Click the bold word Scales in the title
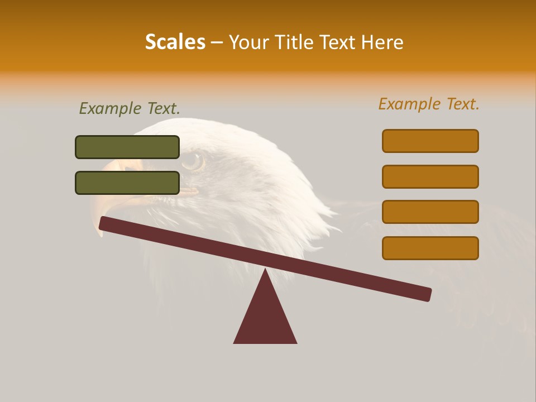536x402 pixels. coord(175,42)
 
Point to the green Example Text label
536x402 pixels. coord(130,108)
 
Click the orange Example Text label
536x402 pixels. coord(429,104)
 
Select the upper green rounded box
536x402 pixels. coord(127,147)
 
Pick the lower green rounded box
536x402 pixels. coord(127,183)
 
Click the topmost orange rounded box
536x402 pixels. coord(430,141)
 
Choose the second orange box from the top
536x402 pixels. coord(430,176)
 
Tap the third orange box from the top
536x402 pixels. coord(430,212)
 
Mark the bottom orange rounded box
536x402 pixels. coord(430,248)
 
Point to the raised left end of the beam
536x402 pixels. coord(104,223)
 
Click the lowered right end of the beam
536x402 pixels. coord(427,294)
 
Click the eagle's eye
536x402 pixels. coord(193,161)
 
